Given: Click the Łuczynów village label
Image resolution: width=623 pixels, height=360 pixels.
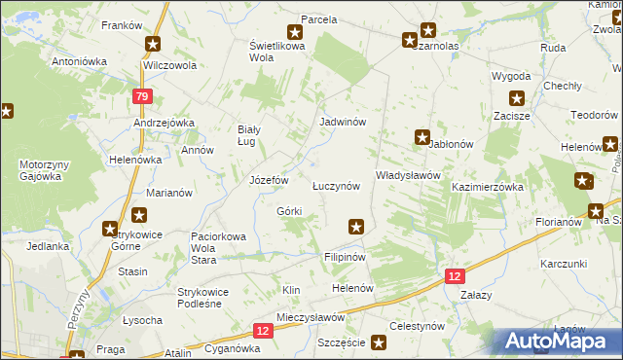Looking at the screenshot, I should [x=335, y=185].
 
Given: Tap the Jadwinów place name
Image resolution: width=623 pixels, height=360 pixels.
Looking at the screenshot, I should [x=342, y=123].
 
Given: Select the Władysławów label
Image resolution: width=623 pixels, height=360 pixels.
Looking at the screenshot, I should [x=409, y=176].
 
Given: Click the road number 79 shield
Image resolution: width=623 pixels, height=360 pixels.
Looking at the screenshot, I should [x=142, y=95].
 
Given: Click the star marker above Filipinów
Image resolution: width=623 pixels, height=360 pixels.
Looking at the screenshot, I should [x=356, y=227].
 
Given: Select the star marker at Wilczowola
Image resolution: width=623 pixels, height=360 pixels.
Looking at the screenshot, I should [x=153, y=44].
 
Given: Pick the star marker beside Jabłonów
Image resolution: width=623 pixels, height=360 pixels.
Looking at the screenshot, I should [x=421, y=137].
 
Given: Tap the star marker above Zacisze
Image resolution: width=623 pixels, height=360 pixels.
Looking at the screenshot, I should [x=517, y=96].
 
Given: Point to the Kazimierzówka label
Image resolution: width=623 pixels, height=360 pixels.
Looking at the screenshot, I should [x=488, y=186].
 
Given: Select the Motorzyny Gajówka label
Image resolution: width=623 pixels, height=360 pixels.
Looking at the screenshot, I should [x=40, y=171].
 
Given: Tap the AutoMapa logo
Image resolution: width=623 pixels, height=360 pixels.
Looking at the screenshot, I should [x=558, y=341].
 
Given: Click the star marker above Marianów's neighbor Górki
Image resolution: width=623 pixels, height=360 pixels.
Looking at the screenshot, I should [x=140, y=215].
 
